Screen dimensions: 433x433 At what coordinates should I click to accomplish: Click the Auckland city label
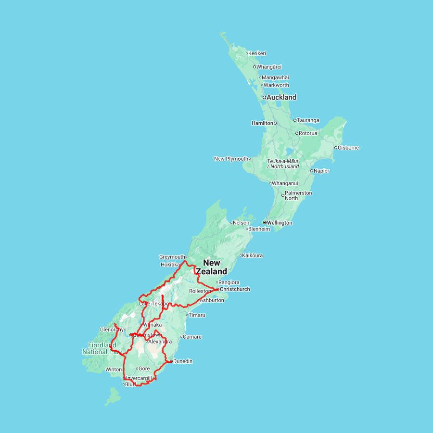coord(281,97)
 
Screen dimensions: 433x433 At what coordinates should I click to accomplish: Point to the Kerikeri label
coord(257,53)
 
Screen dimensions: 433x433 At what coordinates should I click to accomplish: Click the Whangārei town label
coord(269,67)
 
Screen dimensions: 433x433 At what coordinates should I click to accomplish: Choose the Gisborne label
coord(348,148)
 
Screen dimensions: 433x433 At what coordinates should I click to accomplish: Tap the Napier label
coord(322,171)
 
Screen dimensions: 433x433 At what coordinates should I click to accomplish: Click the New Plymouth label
coord(231,159)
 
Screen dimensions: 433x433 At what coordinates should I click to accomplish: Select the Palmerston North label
coord(298,195)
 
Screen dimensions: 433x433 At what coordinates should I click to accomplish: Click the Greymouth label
coord(172,257)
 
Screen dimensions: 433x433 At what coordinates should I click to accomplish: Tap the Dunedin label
coord(183,361)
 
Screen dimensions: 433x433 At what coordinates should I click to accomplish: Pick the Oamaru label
coord(192,337)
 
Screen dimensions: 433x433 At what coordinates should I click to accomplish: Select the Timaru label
coord(197,315)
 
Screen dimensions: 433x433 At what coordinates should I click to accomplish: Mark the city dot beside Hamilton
coord(276,123)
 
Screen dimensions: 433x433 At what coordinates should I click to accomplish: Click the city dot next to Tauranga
coord(295,120)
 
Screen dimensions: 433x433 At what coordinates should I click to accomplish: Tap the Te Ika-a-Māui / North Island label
coord(283,164)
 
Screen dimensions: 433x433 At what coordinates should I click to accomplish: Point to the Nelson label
coord(242,223)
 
